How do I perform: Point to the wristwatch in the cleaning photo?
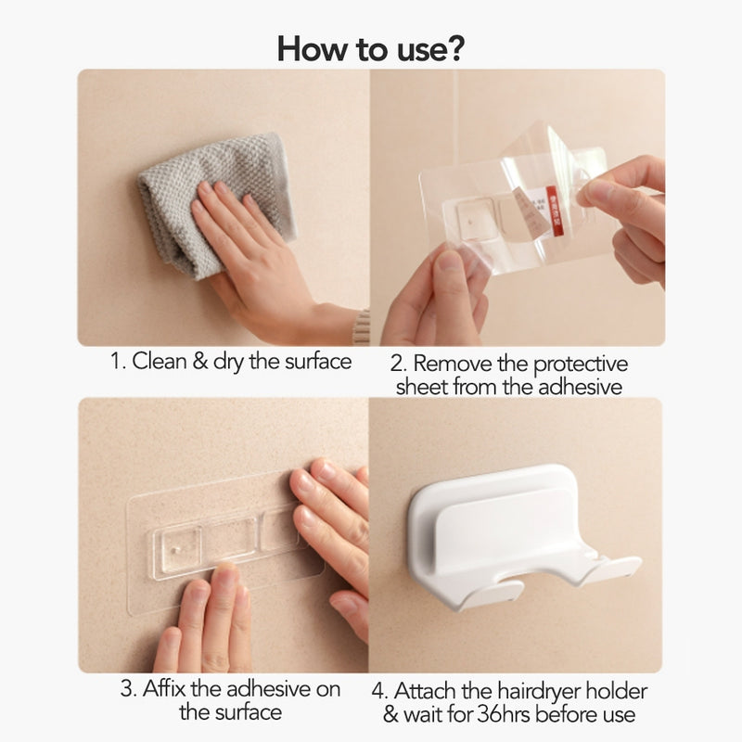pos(361,326)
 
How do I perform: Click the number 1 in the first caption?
pos(116,362)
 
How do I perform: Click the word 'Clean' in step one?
pos(160,362)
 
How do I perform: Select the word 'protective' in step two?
pos(565,363)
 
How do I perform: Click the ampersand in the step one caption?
pos(202,362)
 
